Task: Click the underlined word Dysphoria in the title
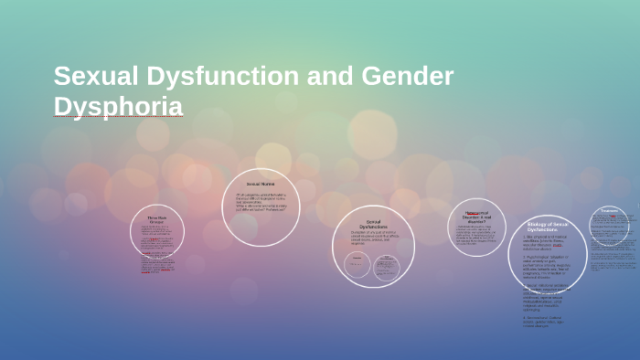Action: point(118,106)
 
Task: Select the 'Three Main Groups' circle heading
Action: point(157,219)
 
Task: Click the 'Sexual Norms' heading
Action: point(261,185)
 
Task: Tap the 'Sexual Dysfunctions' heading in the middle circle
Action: point(372,224)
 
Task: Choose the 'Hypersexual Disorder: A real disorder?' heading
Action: point(476,217)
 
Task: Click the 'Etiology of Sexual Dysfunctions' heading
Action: point(548,227)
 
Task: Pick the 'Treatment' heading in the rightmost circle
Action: point(610,211)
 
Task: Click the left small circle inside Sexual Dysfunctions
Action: point(357,266)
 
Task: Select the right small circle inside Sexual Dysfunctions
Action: point(387,266)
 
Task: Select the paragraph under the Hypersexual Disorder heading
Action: point(476,235)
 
